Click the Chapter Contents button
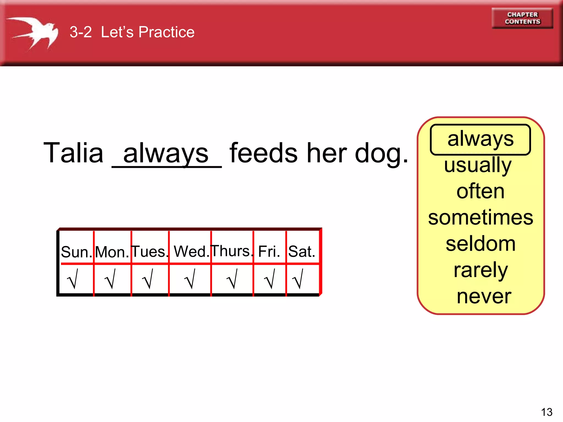(522, 18)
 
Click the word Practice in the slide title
(166, 32)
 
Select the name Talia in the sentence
(73, 153)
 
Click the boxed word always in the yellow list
(480, 139)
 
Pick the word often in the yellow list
(480, 191)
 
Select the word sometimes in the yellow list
(481, 217)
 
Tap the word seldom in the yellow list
(480, 244)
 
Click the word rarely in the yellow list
(481, 270)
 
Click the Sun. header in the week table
(76, 252)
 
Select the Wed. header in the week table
(191, 251)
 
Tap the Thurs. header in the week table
(231, 251)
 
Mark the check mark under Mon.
(111, 279)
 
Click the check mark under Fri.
(270, 279)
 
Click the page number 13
(547, 412)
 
